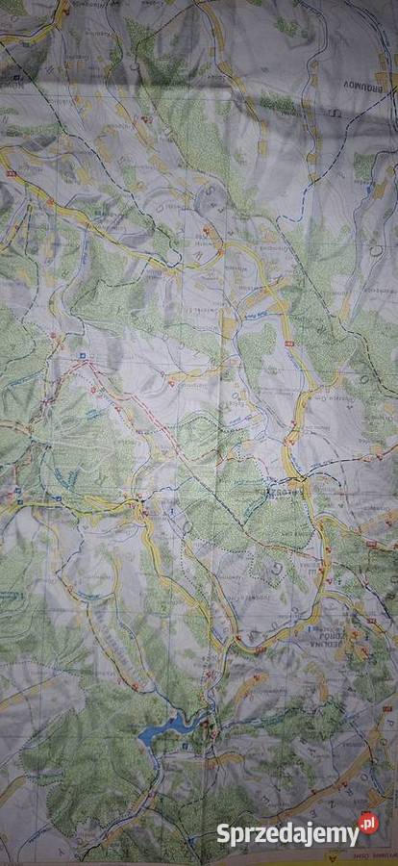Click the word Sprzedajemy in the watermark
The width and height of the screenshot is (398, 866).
point(286,833)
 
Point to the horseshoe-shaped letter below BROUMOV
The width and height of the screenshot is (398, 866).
point(335,115)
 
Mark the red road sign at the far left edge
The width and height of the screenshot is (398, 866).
point(11,174)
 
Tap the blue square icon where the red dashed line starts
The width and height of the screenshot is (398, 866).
point(83,356)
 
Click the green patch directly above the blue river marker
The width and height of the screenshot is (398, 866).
point(363,166)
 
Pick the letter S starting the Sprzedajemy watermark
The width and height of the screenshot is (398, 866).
point(221,833)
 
